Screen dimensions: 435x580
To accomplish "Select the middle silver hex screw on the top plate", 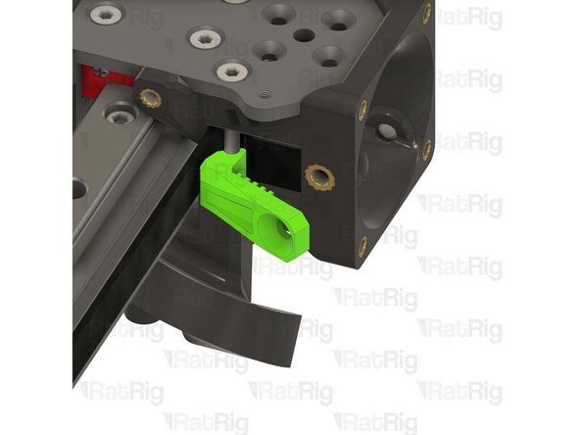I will [203, 38].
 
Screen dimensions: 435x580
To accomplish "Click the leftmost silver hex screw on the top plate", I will [106, 15].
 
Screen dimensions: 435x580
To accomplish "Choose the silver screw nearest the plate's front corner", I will [231, 70].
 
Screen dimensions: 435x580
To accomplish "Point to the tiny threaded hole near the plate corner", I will [265, 93].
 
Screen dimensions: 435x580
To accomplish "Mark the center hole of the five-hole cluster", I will [304, 36].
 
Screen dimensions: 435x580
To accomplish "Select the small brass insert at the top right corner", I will [426, 13].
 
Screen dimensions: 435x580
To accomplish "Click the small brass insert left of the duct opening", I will [362, 111].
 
